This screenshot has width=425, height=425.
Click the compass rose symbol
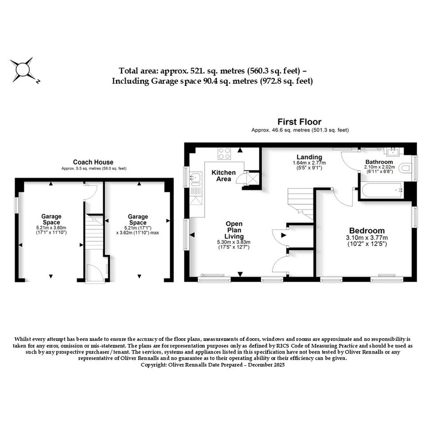[23, 70]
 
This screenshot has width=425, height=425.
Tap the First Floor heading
[299, 122]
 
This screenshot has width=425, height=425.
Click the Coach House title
[93, 162]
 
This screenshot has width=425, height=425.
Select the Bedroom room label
[367, 231]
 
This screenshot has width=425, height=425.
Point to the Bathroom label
[379, 162]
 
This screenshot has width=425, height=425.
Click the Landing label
[309, 157]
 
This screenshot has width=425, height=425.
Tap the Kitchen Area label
[224, 176]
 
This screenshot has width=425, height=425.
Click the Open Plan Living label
[234, 230]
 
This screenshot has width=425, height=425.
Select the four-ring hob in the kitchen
[224, 153]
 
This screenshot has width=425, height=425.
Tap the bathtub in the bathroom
[382, 190]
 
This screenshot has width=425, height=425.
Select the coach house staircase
[94, 232]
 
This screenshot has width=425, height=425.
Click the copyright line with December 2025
[212, 365]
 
